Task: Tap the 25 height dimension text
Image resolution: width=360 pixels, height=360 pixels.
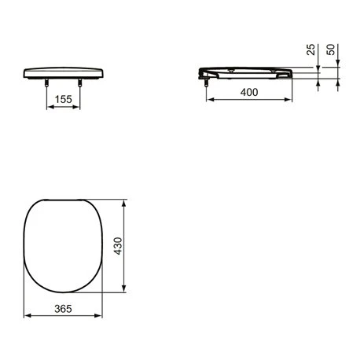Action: coord(312,53)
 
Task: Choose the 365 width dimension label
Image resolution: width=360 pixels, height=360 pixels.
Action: coord(64,308)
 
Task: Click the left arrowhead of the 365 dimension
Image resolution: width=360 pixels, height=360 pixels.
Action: coord(29,316)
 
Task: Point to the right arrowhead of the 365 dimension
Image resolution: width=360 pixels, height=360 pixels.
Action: coord(99,316)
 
